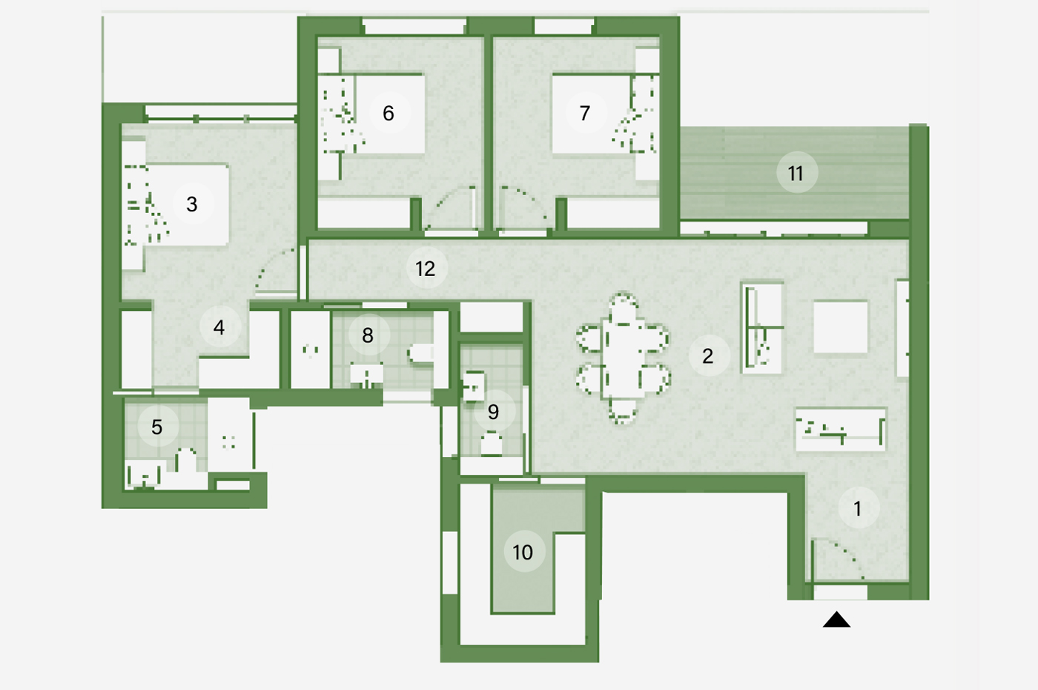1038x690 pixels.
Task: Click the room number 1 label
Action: pyautogui.click(x=858, y=509)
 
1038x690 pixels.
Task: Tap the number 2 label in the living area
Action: pyautogui.click(x=707, y=356)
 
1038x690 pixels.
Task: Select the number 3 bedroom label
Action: pyautogui.click(x=192, y=204)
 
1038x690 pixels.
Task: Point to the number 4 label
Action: pyautogui.click(x=219, y=327)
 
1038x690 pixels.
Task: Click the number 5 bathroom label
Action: pyautogui.click(x=157, y=427)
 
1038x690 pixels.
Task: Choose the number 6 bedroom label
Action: pyautogui.click(x=389, y=113)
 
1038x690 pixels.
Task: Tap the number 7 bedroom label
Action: pyautogui.click(x=585, y=113)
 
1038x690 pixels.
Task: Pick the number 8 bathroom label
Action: pyautogui.click(x=368, y=335)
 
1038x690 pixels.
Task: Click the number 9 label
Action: pyautogui.click(x=494, y=412)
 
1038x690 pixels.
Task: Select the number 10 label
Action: pyautogui.click(x=523, y=552)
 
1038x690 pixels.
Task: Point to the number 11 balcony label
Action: pyautogui.click(x=796, y=173)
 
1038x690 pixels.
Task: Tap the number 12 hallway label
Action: pyautogui.click(x=426, y=269)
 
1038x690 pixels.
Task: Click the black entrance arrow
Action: pyautogui.click(x=836, y=620)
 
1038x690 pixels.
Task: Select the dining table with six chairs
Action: pyautogui.click(x=623, y=358)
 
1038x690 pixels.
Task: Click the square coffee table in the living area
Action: pyautogui.click(x=841, y=327)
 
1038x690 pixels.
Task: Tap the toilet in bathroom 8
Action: pyautogui.click(x=421, y=355)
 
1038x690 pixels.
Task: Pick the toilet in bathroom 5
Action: pyautogui.click(x=186, y=461)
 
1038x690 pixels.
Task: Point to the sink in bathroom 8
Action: pyautogui.click(x=366, y=375)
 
